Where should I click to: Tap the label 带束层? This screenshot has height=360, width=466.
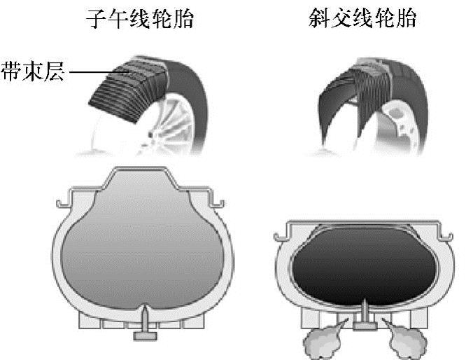tap(30, 71)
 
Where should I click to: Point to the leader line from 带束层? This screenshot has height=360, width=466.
tap(87, 71)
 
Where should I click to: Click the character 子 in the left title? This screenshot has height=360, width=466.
tap(96, 19)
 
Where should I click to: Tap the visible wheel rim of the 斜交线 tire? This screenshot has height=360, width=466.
tap(406, 123)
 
